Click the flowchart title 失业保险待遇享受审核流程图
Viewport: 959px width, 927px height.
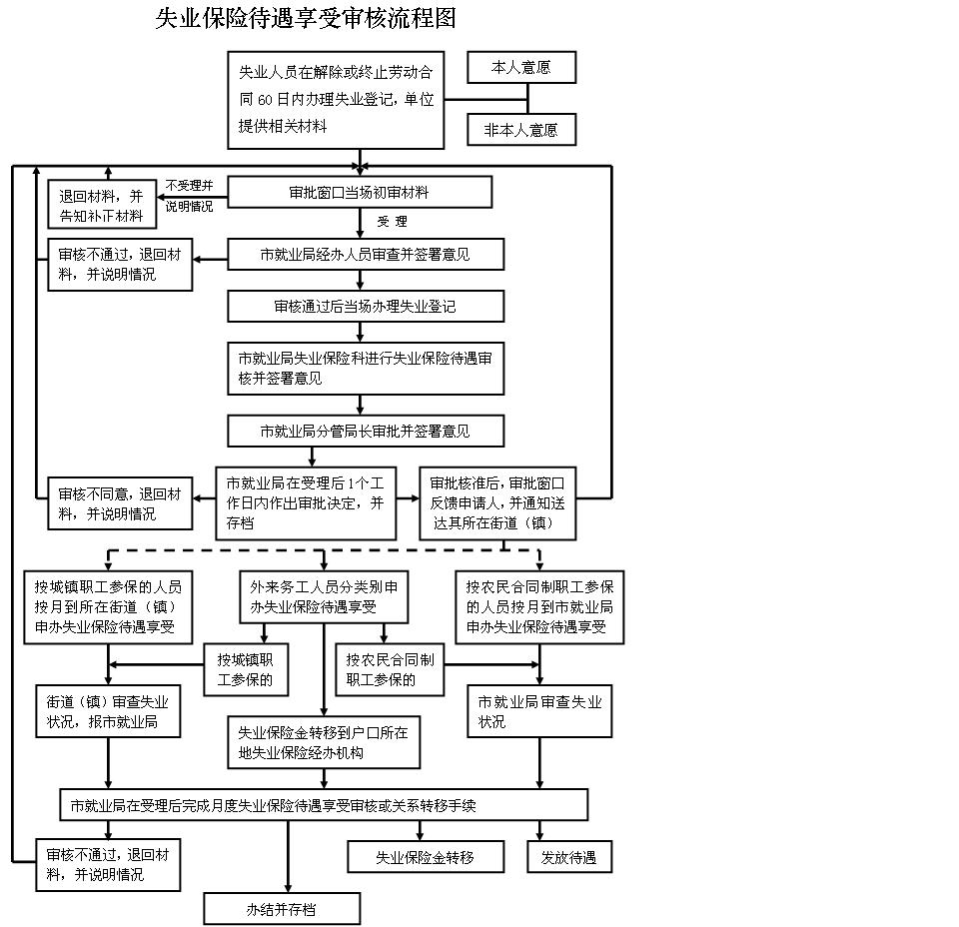pos(305,19)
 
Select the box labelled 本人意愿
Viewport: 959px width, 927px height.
pos(521,68)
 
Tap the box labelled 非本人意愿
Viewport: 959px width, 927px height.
pos(521,130)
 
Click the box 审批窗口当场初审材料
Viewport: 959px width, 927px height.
pos(360,192)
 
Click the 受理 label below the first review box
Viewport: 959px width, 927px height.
pos(393,222)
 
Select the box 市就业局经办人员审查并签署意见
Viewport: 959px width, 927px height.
pos(365,255)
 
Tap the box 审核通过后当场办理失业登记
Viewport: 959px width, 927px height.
pos(365,307)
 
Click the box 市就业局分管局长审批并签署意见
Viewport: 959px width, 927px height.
pos(365,432)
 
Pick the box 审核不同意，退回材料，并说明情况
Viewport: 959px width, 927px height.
pos(120,503)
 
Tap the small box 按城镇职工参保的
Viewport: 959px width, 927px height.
pos(246,670)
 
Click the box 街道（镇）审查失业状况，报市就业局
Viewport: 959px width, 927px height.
pos(108,710)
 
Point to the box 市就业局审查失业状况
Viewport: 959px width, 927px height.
pos(539,710)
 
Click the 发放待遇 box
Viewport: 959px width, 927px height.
pos(568,857)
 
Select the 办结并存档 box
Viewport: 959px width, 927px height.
pos(282,909)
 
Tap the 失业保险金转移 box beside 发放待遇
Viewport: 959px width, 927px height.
pos(425,857)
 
